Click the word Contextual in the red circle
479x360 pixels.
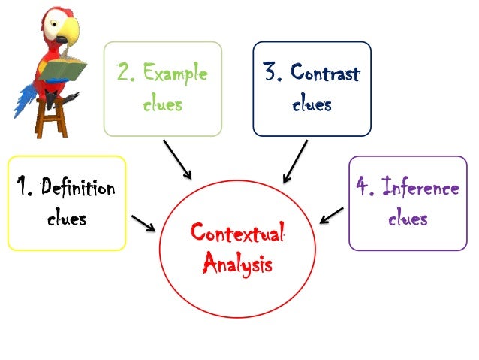[237, 233]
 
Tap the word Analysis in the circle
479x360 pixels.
[237, 265]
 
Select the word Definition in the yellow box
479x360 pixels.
[78, 187]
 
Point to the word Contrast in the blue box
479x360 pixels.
[324, 74]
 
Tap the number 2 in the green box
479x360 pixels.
[125, 74]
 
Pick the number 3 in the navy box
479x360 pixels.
[272, 74]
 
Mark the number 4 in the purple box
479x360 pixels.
[364, 186]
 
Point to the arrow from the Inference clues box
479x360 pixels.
[331, 216]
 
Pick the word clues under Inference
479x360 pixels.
[408, 219]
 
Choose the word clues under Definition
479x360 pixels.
[66, 219]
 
